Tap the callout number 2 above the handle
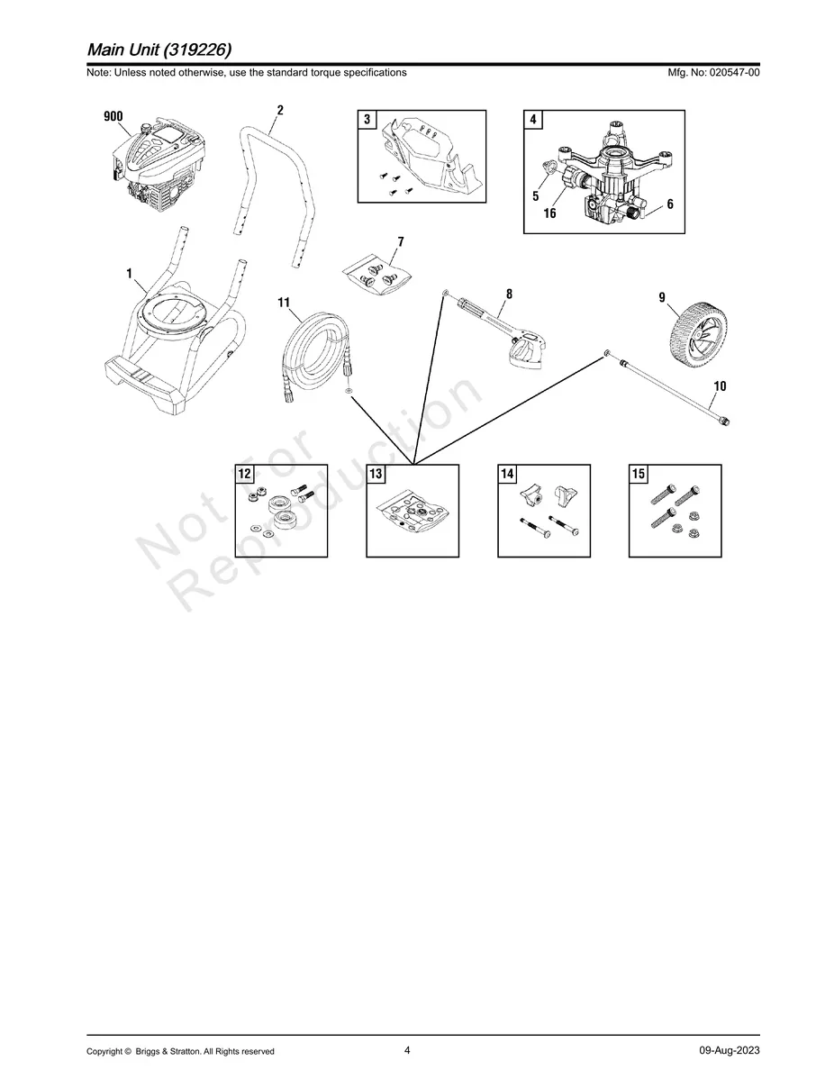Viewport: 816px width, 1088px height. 280,110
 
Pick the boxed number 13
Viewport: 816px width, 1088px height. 376,474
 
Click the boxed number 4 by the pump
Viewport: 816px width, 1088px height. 533,120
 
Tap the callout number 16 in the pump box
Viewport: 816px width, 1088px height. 549,213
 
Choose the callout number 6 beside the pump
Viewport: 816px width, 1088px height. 670,204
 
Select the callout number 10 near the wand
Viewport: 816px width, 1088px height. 720,385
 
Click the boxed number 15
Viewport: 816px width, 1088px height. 639,474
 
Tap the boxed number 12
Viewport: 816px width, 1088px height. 245,474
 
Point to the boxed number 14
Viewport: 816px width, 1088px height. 507,474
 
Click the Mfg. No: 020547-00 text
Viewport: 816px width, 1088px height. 713,72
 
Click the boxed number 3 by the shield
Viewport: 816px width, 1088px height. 367,120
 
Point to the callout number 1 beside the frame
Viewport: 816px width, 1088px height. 130,274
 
